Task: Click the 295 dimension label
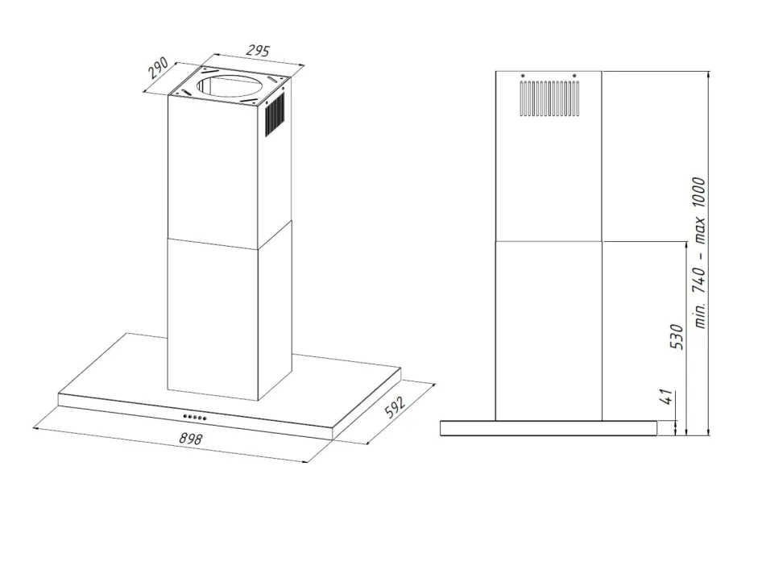click(x=258, y=50)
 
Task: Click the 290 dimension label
click(x=159, y=68)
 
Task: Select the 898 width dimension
click(x=190, y=439)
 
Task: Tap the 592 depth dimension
click(x=395, y=407)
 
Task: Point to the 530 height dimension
click(x=677, y=336)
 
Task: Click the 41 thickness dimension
click(x=667, y=397)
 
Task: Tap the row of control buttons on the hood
click(x=194, y=417)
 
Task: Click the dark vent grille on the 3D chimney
click(x=275, y=116)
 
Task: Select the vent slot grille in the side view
click(x=549, y=98)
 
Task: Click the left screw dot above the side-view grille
click(x=523, y=76)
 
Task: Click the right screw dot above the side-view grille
click(x=574, y=76)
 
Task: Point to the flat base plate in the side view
click(x=549, y=428)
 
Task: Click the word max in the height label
click(x=699, y=231)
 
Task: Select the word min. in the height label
click(x=699, y=314)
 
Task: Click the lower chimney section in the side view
click(x=549, y=331)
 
